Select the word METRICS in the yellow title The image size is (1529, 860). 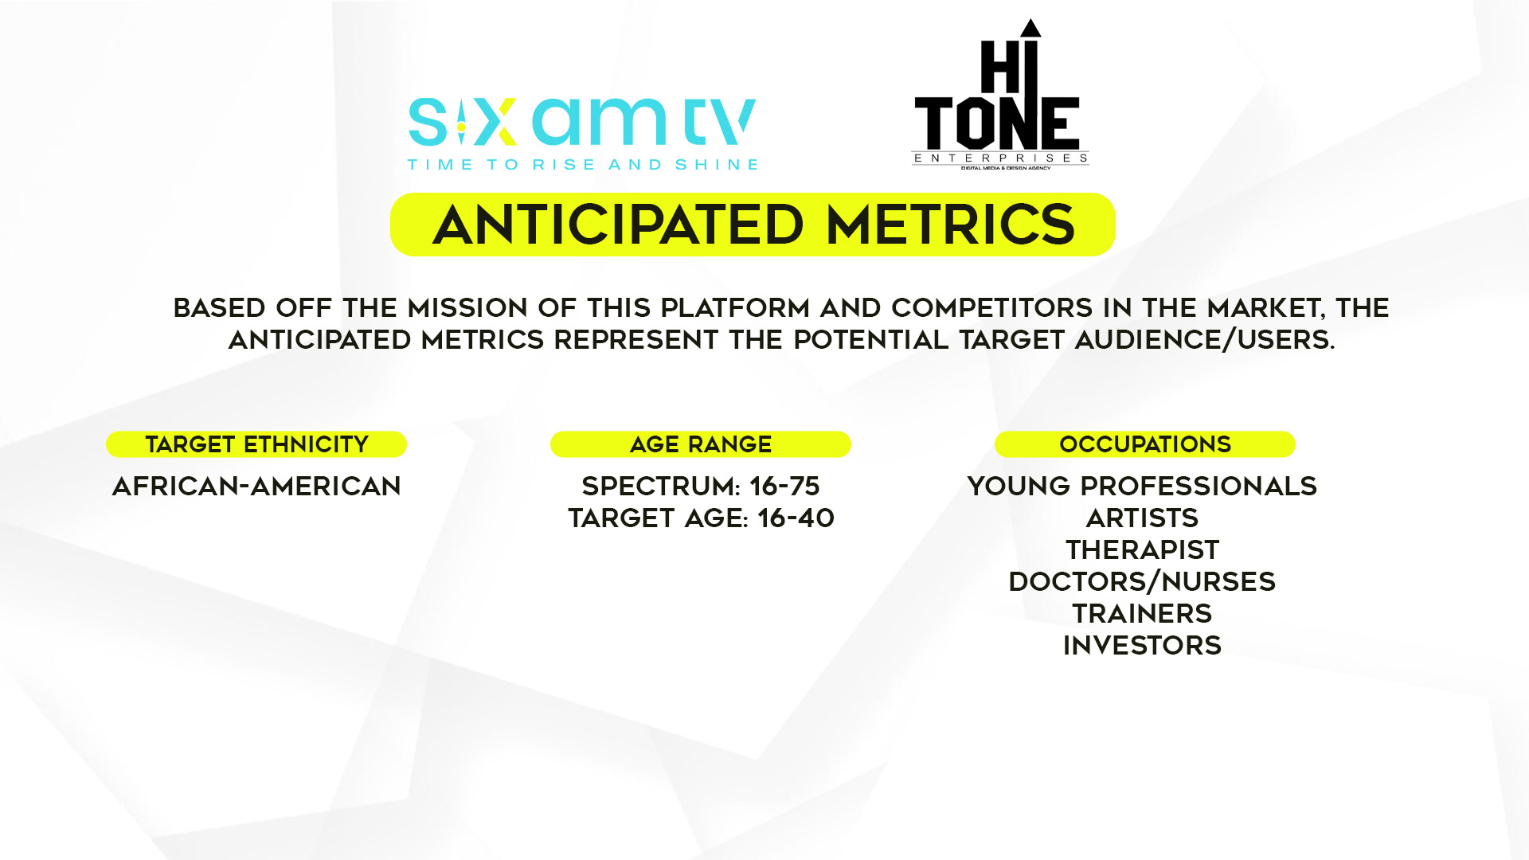951,225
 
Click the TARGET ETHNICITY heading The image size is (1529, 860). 256,444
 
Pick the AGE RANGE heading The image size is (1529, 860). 701,444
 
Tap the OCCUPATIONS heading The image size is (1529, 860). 1145,444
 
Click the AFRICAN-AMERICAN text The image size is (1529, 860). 256,486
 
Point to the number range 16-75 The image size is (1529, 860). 784,486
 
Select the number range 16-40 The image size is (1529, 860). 796,518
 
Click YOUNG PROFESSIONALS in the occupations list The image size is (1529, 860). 1142,486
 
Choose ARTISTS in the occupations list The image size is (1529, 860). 1142,518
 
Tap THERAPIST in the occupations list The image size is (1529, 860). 1142,549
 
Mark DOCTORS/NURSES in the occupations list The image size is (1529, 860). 1142,581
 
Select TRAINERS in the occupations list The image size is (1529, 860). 1142,613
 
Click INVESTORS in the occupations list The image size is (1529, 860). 1142,645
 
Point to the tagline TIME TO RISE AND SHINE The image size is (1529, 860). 582,165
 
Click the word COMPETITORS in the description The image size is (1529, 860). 992,307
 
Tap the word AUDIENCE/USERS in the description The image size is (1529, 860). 1204,340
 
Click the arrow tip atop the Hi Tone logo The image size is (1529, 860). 1031,20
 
